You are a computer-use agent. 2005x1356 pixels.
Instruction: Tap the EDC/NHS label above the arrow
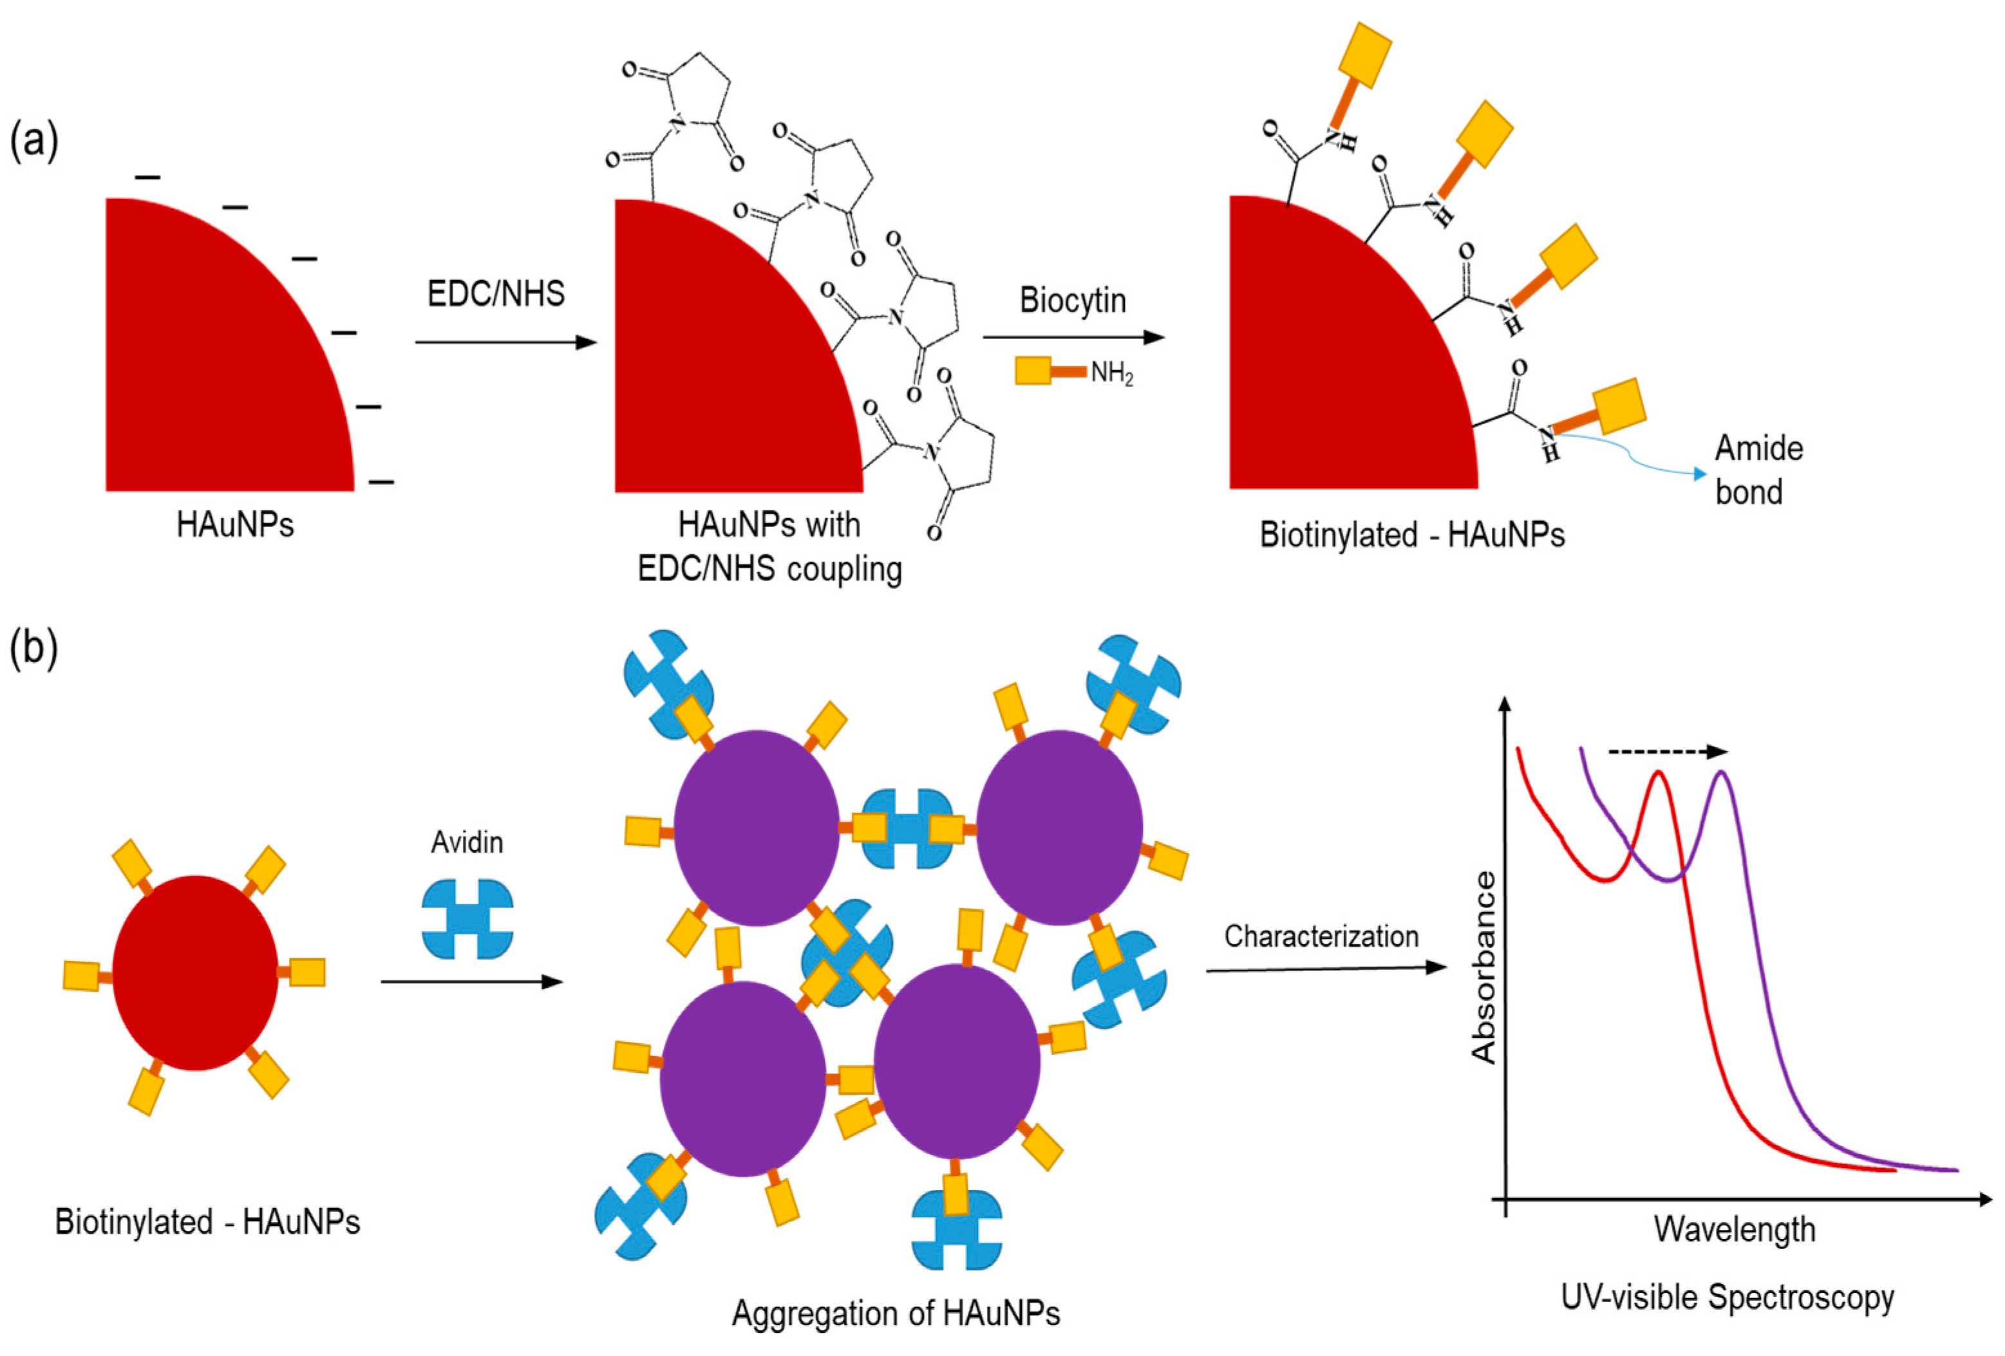coord(496,294)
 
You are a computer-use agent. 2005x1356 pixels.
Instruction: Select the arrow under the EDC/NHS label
coord(505,342)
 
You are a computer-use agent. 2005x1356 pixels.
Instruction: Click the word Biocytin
coord(1073,300)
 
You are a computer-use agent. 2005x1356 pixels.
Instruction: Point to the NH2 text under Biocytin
coord(1111,373)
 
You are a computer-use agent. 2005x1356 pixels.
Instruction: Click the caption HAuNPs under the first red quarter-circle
coord(234,525)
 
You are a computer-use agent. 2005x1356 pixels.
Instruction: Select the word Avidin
coord(467,842)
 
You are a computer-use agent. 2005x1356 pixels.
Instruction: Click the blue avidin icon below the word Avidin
coord(467,920)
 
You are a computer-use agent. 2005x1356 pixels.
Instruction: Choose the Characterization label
coord(1321,936)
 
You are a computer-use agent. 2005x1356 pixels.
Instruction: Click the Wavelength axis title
coord(1734,1229)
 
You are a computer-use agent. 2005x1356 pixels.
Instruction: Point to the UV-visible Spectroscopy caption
coord(1727,1297)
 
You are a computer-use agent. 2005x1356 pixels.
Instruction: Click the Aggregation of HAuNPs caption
coord(896,1313)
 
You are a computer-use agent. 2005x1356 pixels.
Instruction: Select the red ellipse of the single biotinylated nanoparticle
coord(196,973)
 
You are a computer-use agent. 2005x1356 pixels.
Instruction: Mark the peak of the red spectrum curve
coord(1657,772)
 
